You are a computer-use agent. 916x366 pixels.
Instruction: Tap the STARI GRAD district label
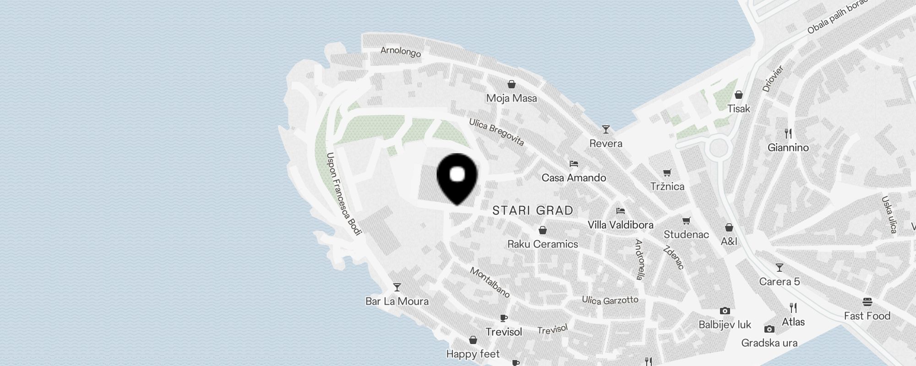pyautogui.click(x=533, y=210)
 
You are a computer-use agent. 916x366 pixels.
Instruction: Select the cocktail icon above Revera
pyautogui.click(x=606, y=129)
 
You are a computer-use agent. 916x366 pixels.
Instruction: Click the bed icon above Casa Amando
pyautogui.click(x=573, y=163)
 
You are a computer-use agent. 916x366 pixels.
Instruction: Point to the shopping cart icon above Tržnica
pyautogui.click(x=667, y=172)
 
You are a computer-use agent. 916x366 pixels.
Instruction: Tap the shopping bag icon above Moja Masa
pyautogui.click(x=512, y=84)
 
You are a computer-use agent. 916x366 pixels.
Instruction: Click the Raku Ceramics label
pyautogui.click(x=543, y=244)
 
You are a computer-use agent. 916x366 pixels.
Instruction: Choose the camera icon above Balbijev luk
pyautogui.click(x=725, y=311)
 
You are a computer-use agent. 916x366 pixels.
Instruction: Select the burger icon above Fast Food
pyautogui.click(x=867, y=302)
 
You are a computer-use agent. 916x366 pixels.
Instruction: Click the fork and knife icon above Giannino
pyautogui.click(x=788, y=134)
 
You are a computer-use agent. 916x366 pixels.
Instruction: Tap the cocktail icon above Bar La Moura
pyautogui.click(x=397, y=287)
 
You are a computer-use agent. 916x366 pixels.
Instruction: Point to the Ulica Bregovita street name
pyautogui.click(x=496, y=132)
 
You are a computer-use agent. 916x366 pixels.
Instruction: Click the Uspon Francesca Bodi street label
pyautogui.click(x=343, y=194)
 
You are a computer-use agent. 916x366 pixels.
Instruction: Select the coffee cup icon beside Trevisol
pyautogui.click(x=504, y=318)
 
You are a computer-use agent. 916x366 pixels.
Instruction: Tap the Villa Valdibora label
pyautogui.click(x=620, y=225)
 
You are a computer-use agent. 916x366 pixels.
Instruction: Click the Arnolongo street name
pyautogui.click(x=401, y=52)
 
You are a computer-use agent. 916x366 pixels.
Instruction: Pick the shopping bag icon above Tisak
pyautogui.click(x=739, y=95)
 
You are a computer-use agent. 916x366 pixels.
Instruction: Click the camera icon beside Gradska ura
pyautogui.click(x=769, y=329)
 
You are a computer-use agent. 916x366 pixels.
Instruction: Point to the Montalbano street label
pyautogui.click(x=490, y=282)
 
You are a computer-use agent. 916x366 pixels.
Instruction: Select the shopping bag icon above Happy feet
pyautogui.click(x=473, y=340)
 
